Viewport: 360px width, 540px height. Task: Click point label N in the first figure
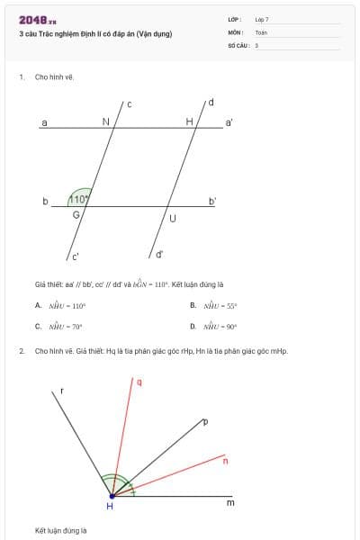click(105, 121)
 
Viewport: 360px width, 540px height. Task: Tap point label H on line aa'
click(190, 121)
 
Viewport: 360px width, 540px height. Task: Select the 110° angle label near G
click(80, 200)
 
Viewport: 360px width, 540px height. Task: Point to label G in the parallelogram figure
click(76, 215)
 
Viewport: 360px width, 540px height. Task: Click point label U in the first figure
click(172, 219)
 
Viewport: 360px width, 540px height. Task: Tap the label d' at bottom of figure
click(159, 254)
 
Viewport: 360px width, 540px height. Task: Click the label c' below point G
click(76, 256)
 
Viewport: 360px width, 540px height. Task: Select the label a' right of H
click(229, 121)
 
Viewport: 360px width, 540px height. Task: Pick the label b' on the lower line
click(212, 200)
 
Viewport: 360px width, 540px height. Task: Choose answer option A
click(67, 305)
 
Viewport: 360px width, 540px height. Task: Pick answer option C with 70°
click(67, 327)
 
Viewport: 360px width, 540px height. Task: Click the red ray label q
click(139, 382)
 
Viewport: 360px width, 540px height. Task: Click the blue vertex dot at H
click(112, 495)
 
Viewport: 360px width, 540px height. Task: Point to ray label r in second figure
click(62, 391)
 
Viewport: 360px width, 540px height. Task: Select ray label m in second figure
click(229, 503)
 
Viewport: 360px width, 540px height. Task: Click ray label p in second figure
click(206, 421)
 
